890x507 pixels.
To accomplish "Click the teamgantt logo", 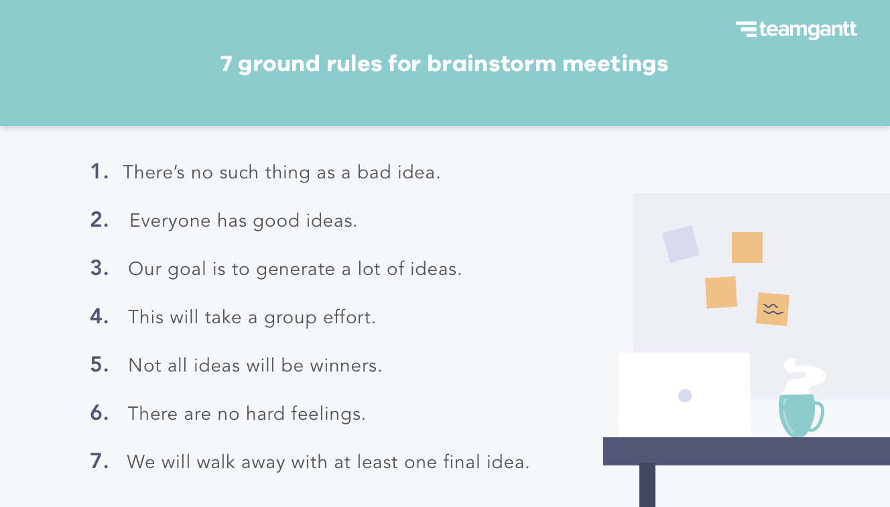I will [796, 30].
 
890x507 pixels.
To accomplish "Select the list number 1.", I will [99, 172].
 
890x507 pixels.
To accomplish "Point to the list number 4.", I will [99, 317].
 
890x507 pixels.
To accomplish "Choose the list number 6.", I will [99, 413].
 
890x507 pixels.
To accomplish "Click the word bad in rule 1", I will [371, 172].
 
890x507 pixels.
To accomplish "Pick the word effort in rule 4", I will [348, 317].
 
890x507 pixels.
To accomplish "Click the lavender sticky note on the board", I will [680, 243].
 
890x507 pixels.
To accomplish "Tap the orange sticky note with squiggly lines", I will [772, 309].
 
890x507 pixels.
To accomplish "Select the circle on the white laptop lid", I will [684, 396].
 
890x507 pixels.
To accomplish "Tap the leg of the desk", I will [647, 486].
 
